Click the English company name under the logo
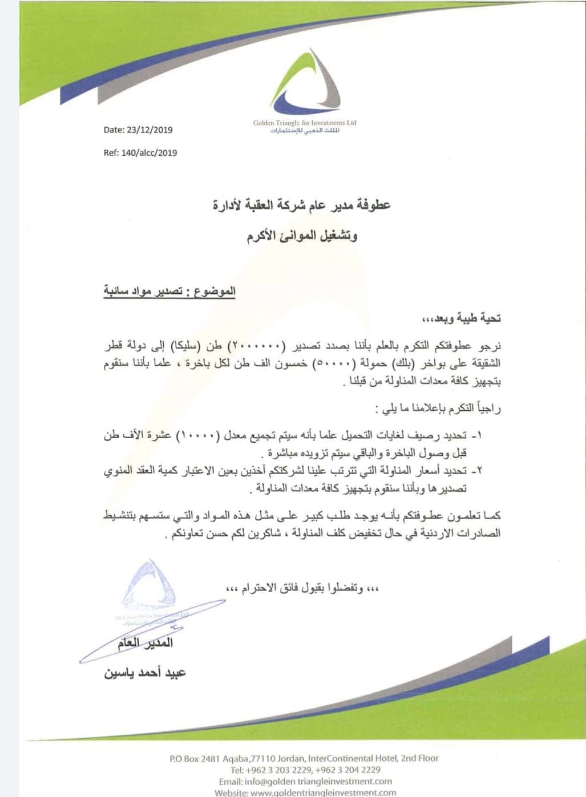[x=305, y=123]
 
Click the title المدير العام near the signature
[x=145, y=644]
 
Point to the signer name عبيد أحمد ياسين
[x=145, y=673]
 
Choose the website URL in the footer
[x=323, y=792]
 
